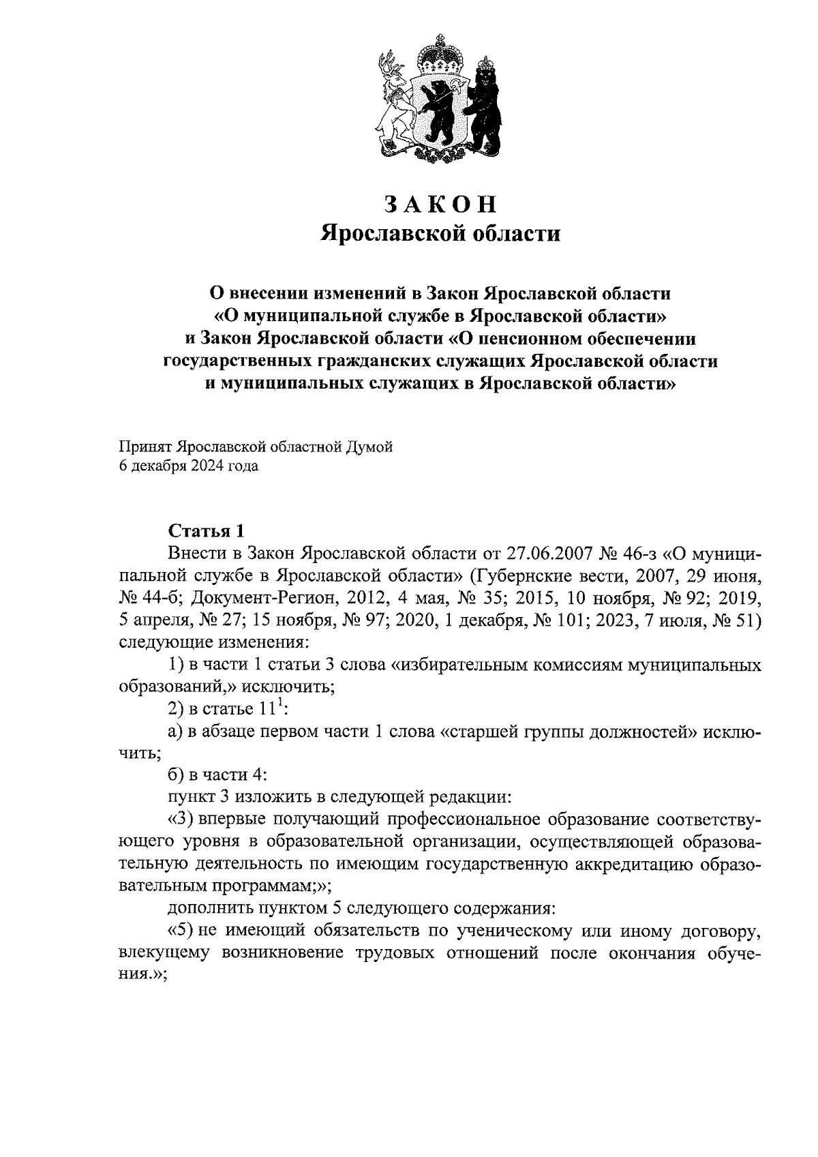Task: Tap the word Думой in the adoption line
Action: (x=372, y=447)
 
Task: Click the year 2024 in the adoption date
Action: (x=217, y=467)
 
